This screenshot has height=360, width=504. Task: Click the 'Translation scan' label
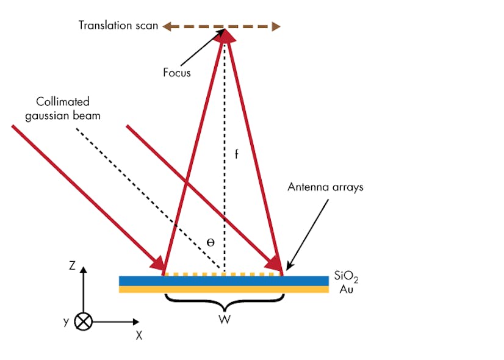(x=118, y=26)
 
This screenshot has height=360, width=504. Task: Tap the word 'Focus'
(x=177, y=73)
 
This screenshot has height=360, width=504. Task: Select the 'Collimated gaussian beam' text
(x=62, y=107)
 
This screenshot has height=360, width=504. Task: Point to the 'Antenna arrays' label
(x=325, y=187)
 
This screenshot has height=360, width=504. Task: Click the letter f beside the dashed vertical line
(x=236, y=154)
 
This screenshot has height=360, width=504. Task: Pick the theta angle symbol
(x=211, y=242)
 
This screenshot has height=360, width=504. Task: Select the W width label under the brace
(x=225, y=319)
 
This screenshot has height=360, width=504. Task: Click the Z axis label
(x=72, y=265)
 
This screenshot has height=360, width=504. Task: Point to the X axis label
(x=139, y=334)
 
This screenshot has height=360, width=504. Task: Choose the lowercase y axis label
(x=66, y=322)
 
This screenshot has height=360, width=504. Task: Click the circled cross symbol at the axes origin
(x=84, y=322)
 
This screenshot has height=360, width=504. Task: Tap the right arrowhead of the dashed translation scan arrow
(x=276, y=26)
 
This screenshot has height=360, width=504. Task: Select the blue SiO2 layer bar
(x=224, y=281)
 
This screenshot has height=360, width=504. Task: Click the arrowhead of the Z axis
(x=84, y=270)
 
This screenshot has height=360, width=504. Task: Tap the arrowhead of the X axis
(x=135, y=322)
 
